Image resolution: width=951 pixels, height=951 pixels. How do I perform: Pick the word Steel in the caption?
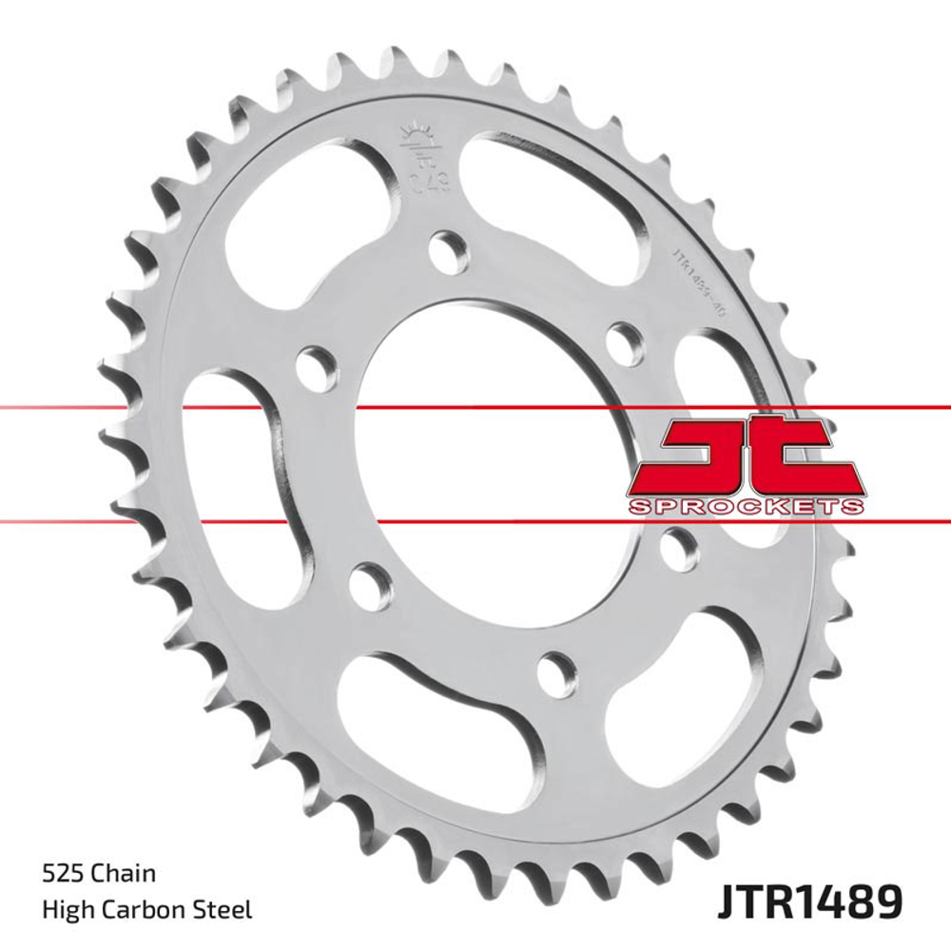[x=225, y=909]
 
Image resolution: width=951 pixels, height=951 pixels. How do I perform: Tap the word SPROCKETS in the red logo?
[x=746, y=505]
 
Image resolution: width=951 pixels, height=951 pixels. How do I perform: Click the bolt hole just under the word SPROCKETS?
[x=679, y=545]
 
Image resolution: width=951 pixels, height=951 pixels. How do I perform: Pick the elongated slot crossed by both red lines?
[x=232, y=447]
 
